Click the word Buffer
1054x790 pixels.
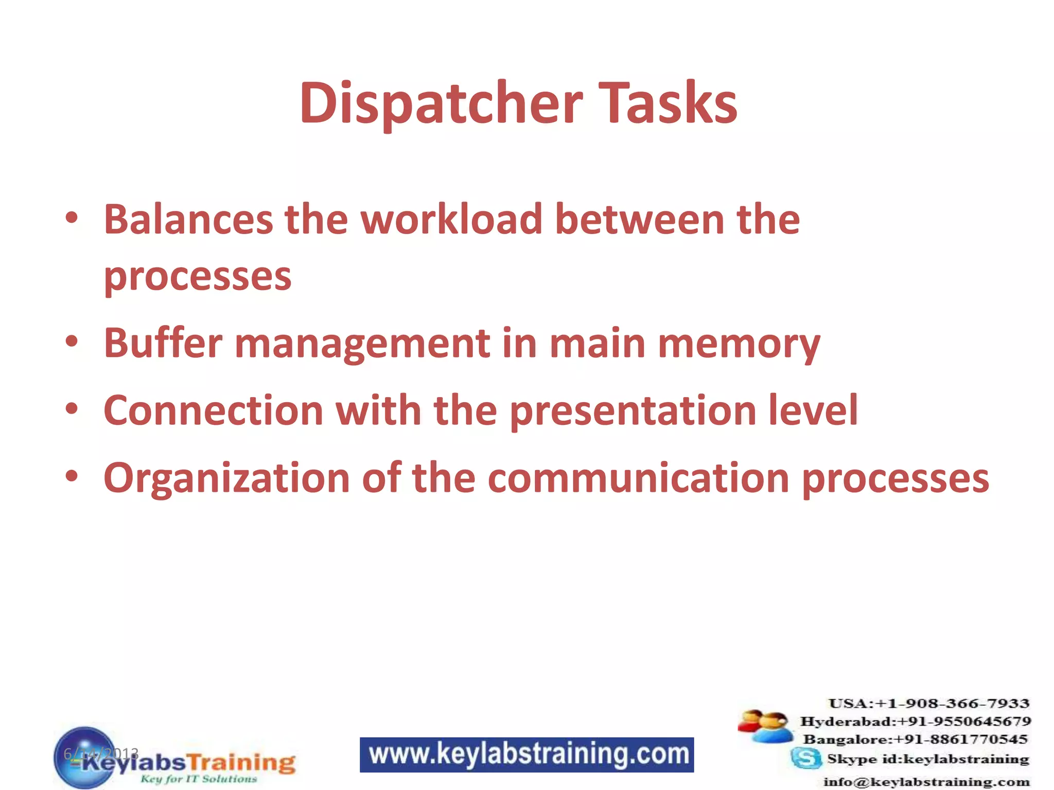click(163, 343)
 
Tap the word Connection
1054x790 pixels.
click(213, 410)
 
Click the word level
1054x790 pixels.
click(813, 410)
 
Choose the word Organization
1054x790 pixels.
click(227, 478)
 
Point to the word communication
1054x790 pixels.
click(638, 478)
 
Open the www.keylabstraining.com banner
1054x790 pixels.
click(526, 755)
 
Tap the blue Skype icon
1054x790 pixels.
click(806, 758)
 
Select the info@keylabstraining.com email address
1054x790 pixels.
click(926, 782)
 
